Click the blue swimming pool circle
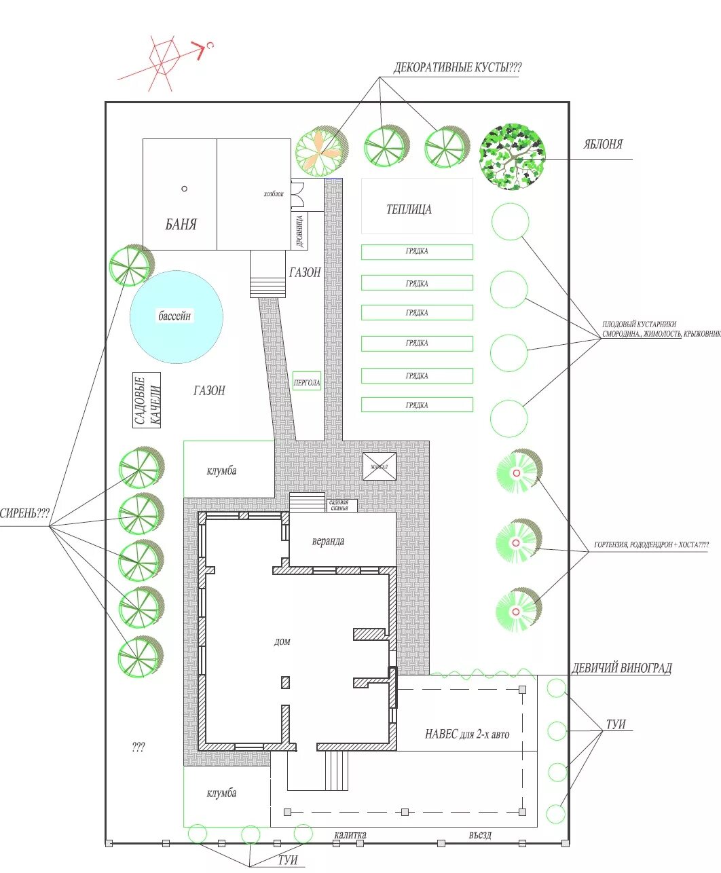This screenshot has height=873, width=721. (x=177, y=316)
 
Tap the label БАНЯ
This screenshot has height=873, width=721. (x=181, y=224)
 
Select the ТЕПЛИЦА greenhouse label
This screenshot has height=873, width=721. (x=409, y=209)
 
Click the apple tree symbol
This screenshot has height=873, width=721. (x=513, y=156)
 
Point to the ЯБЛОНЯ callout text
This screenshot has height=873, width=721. (x=603, y=145)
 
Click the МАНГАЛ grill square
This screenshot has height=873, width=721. (x=379, y=467)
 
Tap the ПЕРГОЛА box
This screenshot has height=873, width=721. (x=306, y=383)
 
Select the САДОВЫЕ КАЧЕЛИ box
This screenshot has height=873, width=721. (x=147, y=401)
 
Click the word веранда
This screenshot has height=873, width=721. (x=328, y=541)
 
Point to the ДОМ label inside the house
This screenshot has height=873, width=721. (x=282, y=642)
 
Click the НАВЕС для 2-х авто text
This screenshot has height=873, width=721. (x=467, y=734)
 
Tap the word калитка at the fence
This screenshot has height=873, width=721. (x=350, y=835)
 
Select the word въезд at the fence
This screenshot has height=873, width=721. (x=479, y=835)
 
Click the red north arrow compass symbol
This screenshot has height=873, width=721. (x=166, y=61)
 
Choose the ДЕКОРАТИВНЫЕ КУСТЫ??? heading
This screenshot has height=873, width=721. (x=458, y=68)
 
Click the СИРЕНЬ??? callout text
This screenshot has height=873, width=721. (x=25, y=513)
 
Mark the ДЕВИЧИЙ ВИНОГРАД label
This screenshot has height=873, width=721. (x=621, y=668)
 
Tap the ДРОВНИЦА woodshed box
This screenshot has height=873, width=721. (x=300, y=230)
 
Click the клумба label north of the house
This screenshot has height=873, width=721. (x=222, y=470)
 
